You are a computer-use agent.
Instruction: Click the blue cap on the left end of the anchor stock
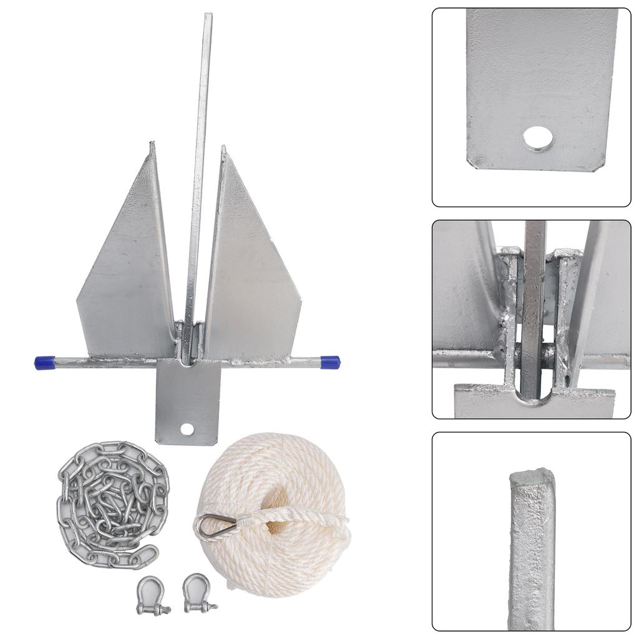44,363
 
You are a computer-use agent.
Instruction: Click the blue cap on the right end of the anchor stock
330,362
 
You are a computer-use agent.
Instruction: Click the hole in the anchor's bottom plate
187,429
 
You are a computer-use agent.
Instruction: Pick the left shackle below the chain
152,595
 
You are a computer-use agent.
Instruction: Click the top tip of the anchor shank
208,16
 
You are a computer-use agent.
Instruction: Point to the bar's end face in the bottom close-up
531,479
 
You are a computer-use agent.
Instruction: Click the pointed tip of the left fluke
151,145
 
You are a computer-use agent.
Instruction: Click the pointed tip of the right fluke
223,149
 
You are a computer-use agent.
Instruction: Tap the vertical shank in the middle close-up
534,300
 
